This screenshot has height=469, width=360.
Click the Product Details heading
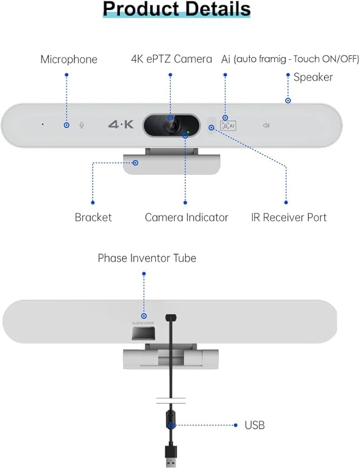point(177,10)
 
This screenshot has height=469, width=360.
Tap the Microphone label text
point(69,59)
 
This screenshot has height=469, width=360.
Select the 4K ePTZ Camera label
point(171,59)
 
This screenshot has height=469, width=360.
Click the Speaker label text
point(313,77)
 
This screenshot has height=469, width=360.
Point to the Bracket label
point(93,217)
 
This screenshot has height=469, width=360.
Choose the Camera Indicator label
point(186,217)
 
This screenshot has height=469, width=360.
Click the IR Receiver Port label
point(289,217)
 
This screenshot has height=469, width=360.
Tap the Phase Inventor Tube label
point(147,258)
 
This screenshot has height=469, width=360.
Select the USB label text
point(254,425)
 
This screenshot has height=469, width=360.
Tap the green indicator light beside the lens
point(188,131)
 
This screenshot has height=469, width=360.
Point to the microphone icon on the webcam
point(82,125)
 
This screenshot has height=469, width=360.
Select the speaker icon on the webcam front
point(266,126)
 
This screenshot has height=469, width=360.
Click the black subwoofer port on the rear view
point(144,334)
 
